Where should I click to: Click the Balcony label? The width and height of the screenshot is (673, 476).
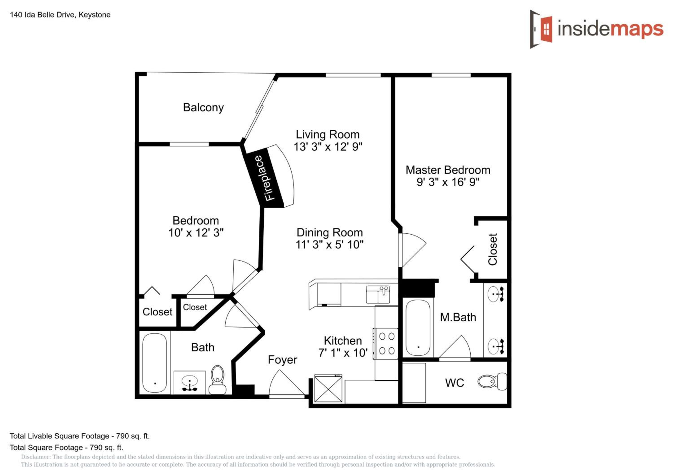click(203, 108)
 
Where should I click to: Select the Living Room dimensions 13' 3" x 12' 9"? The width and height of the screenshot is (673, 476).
click(328, 146)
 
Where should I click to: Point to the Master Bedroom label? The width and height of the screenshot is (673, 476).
click(448, 170)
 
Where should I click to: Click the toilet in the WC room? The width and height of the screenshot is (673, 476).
click(492, 381)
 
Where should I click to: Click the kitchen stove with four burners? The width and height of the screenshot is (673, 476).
click(386, 343)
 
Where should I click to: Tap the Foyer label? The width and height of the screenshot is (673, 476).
click(282, 360)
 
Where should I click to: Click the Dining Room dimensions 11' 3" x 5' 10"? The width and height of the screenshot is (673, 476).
click(330, 245)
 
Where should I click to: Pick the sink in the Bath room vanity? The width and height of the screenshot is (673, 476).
click(190, 382)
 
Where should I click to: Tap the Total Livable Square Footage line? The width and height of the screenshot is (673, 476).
click(80, 436)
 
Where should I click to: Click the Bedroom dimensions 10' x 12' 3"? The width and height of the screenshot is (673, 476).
click(196, 233)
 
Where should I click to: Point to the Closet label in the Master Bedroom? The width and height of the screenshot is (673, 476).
click(492, 249)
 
